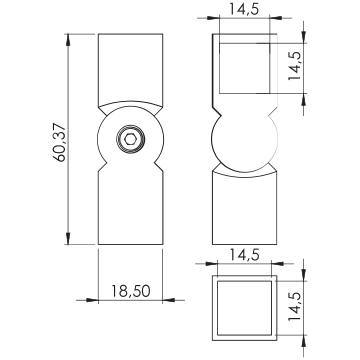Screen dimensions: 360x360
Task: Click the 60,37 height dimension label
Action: [x=61, y=142]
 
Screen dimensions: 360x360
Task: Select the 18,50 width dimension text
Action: [x=131, y=291]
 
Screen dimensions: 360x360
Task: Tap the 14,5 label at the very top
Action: [x=244, y=10]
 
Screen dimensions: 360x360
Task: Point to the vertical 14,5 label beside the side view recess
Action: [x=295, y=66]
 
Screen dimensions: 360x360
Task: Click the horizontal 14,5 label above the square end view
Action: [x=244, y=255]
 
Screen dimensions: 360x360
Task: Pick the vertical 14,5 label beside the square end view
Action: [x=295, y=306]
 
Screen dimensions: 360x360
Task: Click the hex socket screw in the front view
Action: [x=130, y=139]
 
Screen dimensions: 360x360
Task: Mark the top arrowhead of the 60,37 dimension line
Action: [x=68, y=40]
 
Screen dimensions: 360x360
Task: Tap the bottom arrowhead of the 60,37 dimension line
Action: [x=68, y=239]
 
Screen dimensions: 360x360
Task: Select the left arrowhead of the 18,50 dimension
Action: [x=92, y=300]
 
